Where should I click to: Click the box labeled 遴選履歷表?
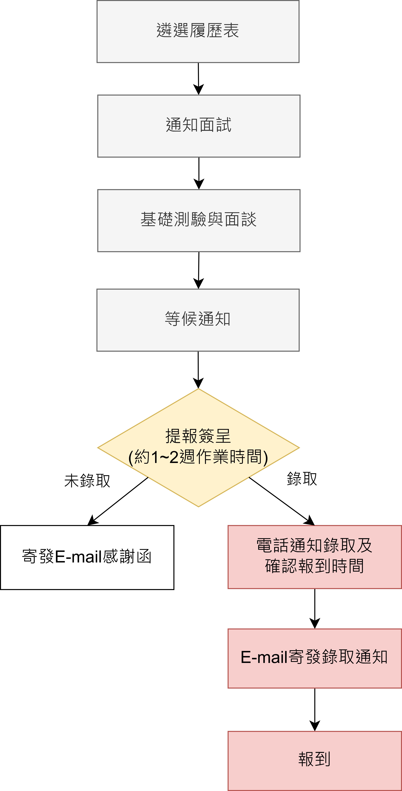coord(198,31)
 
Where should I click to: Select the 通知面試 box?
coord(199,126)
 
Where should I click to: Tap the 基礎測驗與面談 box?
coord(199,220)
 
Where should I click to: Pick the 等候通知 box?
coord(198,320)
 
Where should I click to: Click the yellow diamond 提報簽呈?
coord(198,448)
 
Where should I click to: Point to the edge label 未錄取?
coord(87,481)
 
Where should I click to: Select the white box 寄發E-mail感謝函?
coord(87,557)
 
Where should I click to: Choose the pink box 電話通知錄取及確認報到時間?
coord(315,557)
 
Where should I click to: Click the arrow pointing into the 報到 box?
coord(315,710)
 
